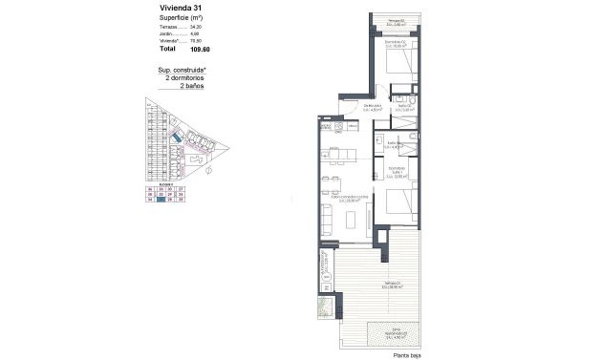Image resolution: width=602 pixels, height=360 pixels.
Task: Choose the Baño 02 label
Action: (402, 108)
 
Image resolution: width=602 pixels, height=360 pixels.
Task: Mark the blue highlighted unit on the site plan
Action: (175, 139)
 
